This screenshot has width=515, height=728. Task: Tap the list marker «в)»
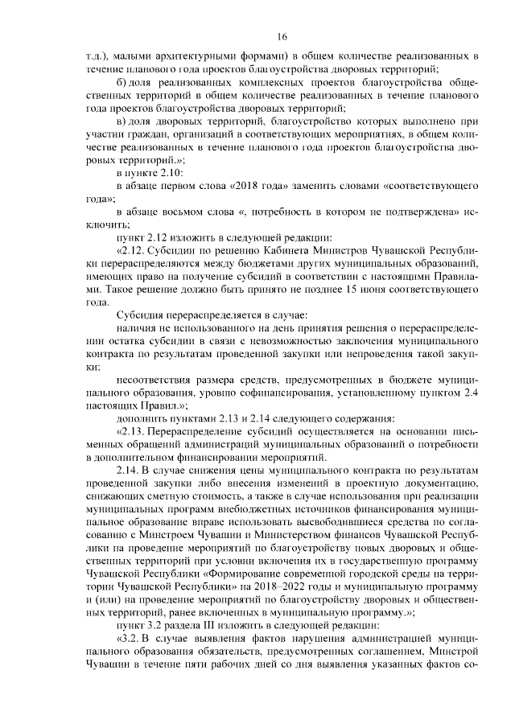pyautogui.click(x=122, y=120)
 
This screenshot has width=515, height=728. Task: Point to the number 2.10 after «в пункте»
pyautogui.click(x=174, y=173)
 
